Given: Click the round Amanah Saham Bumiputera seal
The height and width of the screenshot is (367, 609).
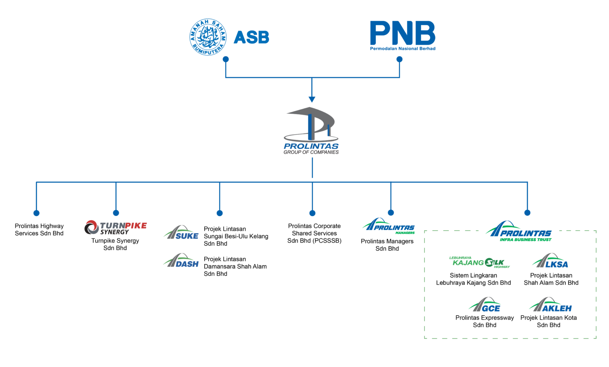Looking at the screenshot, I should click(208, 37).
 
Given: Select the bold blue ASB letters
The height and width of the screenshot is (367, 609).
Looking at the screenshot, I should click(251, 38).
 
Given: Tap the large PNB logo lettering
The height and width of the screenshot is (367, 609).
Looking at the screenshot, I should click(402, 33).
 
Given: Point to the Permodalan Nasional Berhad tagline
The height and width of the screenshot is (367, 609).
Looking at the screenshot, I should click(402, 48).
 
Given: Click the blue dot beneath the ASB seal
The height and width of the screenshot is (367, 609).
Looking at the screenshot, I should click(226, 59).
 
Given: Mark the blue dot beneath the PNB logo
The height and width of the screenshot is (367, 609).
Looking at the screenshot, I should click(400, 59).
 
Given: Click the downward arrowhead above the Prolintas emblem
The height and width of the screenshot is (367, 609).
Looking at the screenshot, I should click(312, 99).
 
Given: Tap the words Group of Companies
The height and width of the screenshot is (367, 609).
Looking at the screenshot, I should click(311, 152).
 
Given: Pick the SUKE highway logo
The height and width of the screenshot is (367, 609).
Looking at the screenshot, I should click(181, 232).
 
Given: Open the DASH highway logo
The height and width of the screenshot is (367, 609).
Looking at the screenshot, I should click(181, 260).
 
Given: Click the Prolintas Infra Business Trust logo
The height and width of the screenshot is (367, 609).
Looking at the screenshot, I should click(519, 231).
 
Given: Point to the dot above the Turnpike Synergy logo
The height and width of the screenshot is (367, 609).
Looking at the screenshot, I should click(116, 213).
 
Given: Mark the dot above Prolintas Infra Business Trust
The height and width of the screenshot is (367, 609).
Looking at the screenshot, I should click(527, 213).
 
